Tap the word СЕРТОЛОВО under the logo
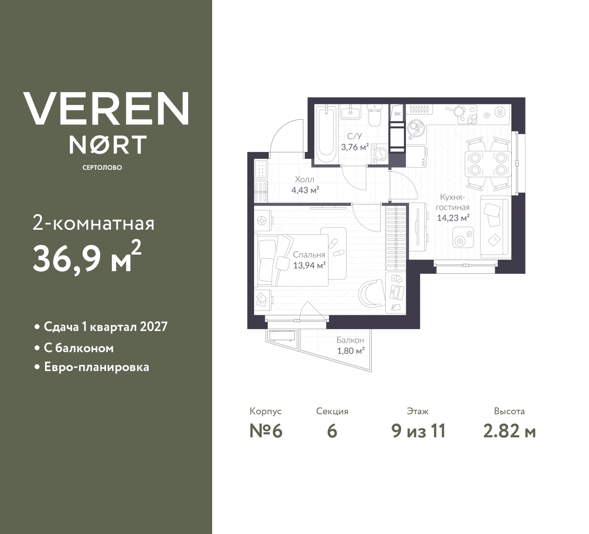pos(102,168)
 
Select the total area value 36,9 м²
pos(87,257)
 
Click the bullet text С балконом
pos(79,348)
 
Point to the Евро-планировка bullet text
pos(97,367)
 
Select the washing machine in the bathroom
pos(379,153)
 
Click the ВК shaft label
pos(397,114)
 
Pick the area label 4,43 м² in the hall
pos(305,190)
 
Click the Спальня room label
pos(309,255)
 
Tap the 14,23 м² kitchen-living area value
pos(453,218)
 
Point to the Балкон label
pos(350,340)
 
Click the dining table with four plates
pos(488,164)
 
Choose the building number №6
pos(266,431)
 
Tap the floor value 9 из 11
pos(418,431)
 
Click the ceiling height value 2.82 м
pos(509,431)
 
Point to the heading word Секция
pos(332,411)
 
